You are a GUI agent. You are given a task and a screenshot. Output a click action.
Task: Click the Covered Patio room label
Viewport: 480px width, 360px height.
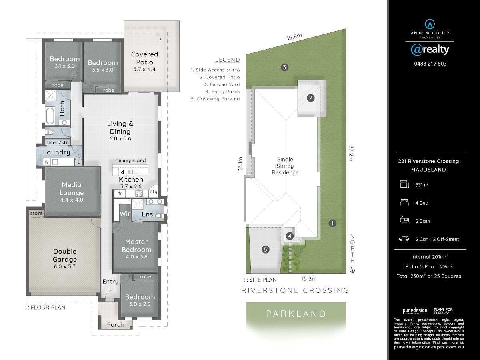point(144,58)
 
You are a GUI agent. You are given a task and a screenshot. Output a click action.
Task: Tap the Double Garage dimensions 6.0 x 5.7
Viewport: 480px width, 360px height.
point(65,266)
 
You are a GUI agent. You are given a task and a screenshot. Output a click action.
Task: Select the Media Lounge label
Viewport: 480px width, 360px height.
point(72,189)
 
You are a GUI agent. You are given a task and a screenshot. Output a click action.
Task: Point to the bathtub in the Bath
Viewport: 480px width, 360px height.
point(50,116)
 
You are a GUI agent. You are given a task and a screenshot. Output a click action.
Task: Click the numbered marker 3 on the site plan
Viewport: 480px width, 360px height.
point(284,67)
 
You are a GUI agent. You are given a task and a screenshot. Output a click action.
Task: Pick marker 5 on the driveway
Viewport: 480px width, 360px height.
point(266,249)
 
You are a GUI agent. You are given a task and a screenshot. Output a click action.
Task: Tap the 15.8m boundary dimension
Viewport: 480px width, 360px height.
point(294,37)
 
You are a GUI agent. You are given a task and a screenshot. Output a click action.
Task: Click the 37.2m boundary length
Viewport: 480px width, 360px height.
point(351,153)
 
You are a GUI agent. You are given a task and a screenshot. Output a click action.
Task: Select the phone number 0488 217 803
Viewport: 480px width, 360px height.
point(430,64)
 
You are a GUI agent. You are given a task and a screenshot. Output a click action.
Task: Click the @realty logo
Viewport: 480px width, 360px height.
point(430,50)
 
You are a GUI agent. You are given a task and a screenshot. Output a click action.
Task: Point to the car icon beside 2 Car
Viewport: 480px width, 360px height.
point(404,239)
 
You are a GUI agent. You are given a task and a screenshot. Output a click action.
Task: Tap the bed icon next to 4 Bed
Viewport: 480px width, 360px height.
point(404,202)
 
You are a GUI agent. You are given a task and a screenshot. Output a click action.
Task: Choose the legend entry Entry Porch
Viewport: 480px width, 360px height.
point(223,92)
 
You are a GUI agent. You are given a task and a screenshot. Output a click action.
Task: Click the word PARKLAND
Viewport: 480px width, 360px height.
point(296,314)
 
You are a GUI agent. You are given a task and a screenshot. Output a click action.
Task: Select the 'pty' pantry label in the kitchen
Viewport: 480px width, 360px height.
point(153,192)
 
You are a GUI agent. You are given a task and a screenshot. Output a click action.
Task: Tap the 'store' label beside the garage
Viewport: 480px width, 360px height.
point(36,213)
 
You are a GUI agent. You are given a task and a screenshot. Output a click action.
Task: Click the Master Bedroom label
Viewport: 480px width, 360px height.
point(136,246)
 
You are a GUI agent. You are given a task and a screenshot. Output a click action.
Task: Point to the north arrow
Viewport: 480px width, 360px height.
point(352,271)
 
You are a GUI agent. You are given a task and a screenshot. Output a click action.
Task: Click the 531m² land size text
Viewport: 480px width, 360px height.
point(422,185)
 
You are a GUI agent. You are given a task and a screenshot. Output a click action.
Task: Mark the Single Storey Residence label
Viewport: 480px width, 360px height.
point(285,166)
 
